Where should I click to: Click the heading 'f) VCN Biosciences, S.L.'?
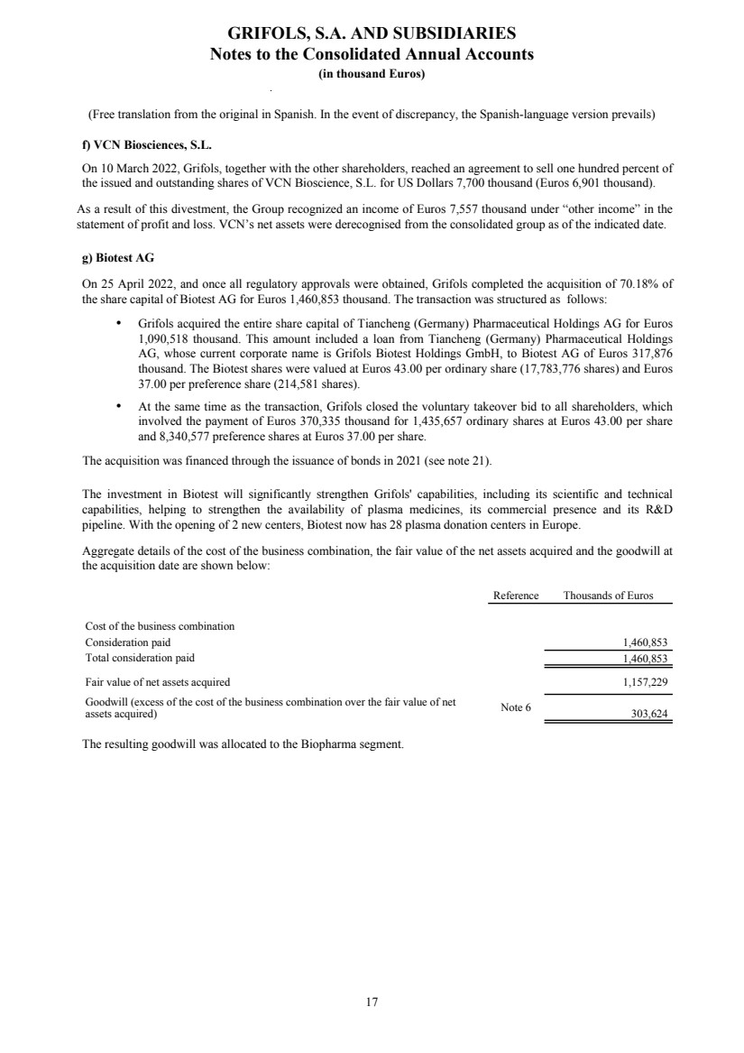(x=146, y=144)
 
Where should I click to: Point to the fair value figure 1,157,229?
(x=645, y=681)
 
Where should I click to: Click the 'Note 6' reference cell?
(x=515, y=707)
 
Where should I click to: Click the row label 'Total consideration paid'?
(x=140, y=658)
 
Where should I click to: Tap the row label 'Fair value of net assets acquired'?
(x=158, y=681)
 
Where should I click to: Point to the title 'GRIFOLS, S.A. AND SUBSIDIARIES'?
(x=372, y=33)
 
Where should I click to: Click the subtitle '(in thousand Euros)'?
(x=372, y=73)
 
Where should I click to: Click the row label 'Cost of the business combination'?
(x=160, y=626)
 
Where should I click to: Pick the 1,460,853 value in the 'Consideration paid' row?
(x=645, y=642)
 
